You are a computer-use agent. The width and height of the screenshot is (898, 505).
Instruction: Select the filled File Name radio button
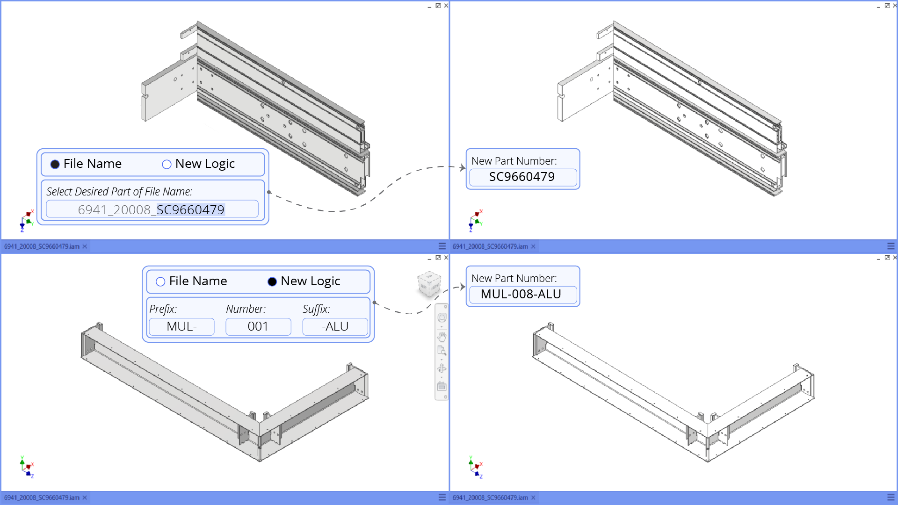(x=55, y=164)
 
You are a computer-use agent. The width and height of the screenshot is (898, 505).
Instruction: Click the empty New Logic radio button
(x=167, y=164)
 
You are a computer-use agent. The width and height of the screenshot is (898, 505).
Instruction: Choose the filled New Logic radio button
(x=272, y=281)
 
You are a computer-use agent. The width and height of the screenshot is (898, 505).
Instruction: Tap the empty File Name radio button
(x=160, y=281)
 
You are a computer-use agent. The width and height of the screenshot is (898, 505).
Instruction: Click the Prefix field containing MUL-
(x=181, y=326)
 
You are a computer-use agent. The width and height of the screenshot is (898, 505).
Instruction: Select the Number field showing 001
(x=258, y=326)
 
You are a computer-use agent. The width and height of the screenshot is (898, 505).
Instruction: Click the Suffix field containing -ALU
(x=335, y=326)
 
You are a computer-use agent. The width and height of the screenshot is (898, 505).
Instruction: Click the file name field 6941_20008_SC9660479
(x=152, y=209)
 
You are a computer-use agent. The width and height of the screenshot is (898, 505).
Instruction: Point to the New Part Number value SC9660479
(x=522, y=177)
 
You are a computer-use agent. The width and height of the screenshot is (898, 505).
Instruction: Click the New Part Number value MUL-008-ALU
(x=521, y=294)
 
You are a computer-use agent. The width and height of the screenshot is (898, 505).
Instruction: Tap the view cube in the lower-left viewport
(x=428, y=283)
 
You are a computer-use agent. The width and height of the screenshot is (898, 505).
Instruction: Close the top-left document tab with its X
(x=85, y=246)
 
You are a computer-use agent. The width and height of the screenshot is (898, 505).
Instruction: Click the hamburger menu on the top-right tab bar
(x=891, y=246)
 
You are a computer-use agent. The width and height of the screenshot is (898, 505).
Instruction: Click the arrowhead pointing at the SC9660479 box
(x=463, y=167)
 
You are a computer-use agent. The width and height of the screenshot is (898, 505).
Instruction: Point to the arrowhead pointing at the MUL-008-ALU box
(x=463, y=287)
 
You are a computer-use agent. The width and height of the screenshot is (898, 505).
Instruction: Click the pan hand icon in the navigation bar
(x=442, y=337)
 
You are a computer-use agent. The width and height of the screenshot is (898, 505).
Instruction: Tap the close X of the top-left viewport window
(x=446, y=6)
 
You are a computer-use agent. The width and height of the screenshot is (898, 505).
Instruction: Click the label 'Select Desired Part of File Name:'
(x=119, y=192)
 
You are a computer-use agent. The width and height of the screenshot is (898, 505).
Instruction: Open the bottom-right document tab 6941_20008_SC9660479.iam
(x=490, y=498)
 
